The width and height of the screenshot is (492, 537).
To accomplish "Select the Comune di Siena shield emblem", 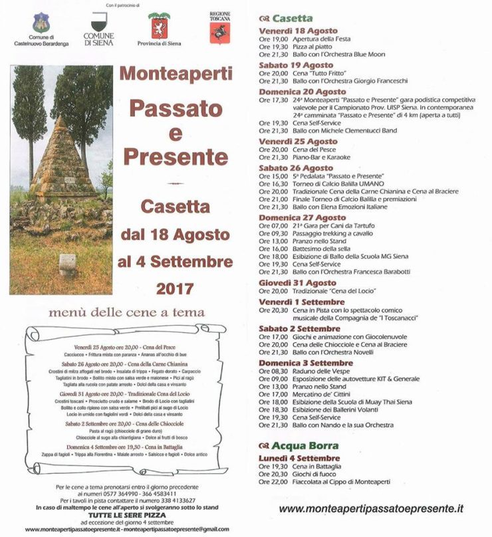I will point(98,25).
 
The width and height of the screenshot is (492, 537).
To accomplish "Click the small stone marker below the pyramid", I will point(66,264).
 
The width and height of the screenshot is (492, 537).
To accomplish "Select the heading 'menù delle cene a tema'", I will point(126,312).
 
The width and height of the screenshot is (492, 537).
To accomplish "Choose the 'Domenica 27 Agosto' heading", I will point(303,217).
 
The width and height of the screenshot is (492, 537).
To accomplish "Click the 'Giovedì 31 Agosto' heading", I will point(297,282).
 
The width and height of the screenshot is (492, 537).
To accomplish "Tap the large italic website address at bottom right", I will point(370,508).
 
